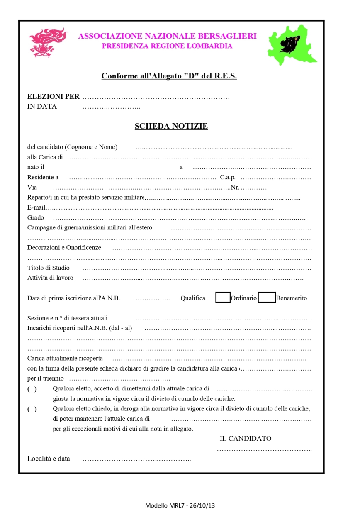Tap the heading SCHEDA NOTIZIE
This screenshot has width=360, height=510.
pyautogui.click(x=171, y=126)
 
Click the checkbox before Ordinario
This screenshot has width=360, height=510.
pyautogui.click(x=223, y=298)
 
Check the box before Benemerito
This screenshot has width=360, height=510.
pyautogui.click(x=267, y=298)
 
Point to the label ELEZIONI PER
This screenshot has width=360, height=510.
pyautogui.click(x=53, y=97)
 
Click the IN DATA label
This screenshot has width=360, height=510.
pyautogui.click(x=42, y=106)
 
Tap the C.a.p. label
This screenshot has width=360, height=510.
pyautogui.click(x=228, y=177)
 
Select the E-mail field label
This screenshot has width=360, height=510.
pyautogui.click(x=36, y=207)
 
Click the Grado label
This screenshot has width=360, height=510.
pyautogui.click(x=36, y=217)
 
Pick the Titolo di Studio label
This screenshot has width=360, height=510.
pyautogui.click(x=49, y=268)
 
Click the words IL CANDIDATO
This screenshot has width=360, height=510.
pyautogui.click(x=246, y=439)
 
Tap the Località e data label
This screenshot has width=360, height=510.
pyautogui.click(x=49, y=459)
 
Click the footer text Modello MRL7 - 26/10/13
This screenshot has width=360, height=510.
pyautogui.click(x=180, y=505)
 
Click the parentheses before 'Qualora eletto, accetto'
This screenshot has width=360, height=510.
pyautogui.click(x=32, y=389)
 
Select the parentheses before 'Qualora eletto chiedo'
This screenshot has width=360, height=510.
pyautogui.click(x=32, y=409)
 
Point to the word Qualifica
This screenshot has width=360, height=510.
pyautogui.click(x=193, y=298)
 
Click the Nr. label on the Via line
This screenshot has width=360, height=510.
pyautogui.click(x=235, y=188)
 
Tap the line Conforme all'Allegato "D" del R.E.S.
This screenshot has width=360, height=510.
pyautogui.click(x=169, y=76)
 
